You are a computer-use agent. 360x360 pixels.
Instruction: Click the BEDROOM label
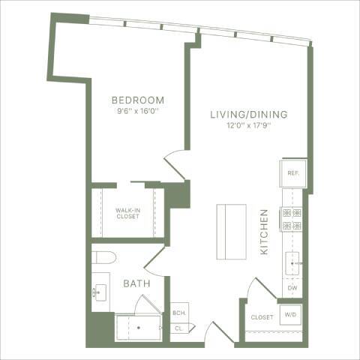pyautogui.click(x=138, y=100)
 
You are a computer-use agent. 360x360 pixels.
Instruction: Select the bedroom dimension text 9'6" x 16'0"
pyautogui.click(x=138, y=112)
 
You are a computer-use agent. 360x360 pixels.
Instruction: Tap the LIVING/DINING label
pyautogui.click(x=247, y=114)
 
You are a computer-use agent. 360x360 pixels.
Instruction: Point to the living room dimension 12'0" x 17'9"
pyautogui.click(x=247, y=126)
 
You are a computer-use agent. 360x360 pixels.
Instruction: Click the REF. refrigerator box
pyautogui.click(x=292, y=173)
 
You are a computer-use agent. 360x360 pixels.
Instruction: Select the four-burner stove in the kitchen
pyautogui.click(x=291, y=219)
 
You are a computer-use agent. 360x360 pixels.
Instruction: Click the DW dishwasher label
pyautogui.click(x=292, y=288)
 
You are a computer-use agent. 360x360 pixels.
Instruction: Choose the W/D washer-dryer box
pyautogui.click(x=290, y=315)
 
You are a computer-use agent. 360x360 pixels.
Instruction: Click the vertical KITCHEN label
pyautogui.click(x=264, y=232)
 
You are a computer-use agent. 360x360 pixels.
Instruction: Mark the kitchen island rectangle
pyautogui.click(x=231, y=231)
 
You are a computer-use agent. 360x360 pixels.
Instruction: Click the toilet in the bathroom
pyautogui.click(x=102, y=259)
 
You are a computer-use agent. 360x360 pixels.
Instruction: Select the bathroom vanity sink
pyautogui.click(x=100, y=293)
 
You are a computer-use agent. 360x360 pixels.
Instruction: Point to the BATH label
pyautogui.click(x=136, y=284)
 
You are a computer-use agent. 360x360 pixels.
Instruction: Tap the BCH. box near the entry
pyautogui.click(x=179, y=313)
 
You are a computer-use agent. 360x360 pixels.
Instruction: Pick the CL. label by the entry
pyautogui.click(x=179, y=328)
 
